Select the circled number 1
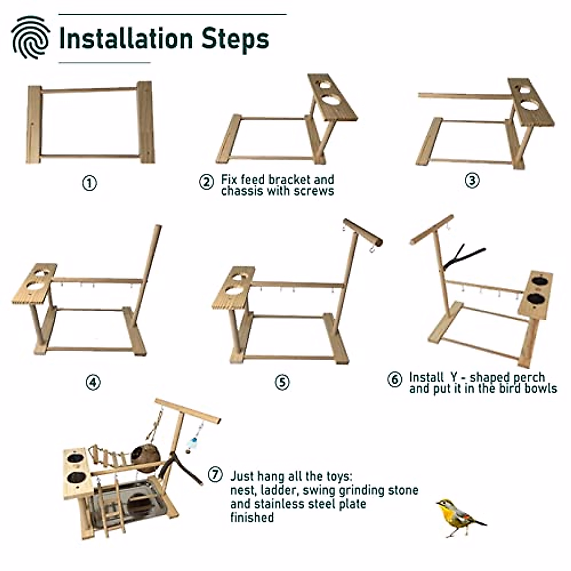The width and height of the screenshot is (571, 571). tap(89, 183)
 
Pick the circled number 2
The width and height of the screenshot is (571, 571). tap(206, 182)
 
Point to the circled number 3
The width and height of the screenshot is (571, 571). tap(472, 181)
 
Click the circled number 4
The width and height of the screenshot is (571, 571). tap(93, 382)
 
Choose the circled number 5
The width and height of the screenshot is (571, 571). tap(282, 382)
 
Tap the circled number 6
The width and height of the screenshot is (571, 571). tap(394, 380)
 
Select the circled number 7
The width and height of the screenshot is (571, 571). tap(215, 474)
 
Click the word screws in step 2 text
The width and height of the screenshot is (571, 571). tap(313, 191)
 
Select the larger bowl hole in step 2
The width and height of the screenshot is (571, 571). tap(332, 102)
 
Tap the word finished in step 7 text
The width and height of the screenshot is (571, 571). tap(252, 517)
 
